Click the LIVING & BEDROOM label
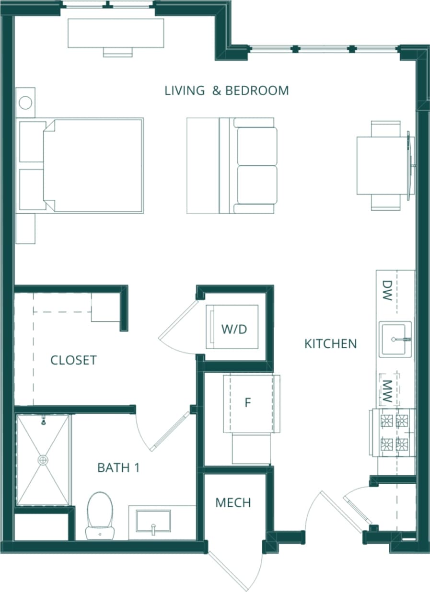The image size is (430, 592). pos(226,91)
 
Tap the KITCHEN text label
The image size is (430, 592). pos(330,343)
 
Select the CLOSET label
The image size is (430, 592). pos(73,360)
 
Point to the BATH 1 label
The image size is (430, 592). pos(118,467)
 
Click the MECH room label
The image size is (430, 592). pos(233,502)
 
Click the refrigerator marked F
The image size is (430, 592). pos(248,403)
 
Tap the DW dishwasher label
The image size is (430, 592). pos(387,290)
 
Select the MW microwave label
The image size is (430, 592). pos(388,391)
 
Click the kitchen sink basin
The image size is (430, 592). pos(395,339)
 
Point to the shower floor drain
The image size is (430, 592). pos(44,460)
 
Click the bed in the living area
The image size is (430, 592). pos(93,165)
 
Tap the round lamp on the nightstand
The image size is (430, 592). pos(25,102)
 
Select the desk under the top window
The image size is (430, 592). pos(116,33)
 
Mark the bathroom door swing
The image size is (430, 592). pos(163,429)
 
